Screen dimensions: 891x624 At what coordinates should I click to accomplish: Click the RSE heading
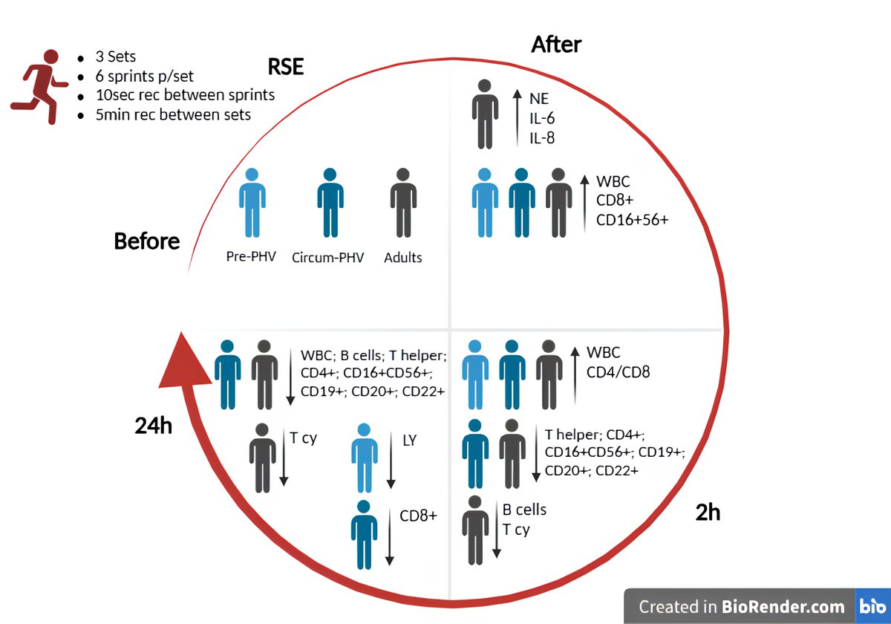287,68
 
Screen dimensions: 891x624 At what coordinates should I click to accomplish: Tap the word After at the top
556,45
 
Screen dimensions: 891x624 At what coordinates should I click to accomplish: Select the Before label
147,241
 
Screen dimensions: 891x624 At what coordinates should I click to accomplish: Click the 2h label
708,513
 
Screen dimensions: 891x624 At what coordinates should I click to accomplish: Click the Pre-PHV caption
250,257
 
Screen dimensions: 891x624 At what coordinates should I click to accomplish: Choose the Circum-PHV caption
327,258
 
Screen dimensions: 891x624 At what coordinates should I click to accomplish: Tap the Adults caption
403,258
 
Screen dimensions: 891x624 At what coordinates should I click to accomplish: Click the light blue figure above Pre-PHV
252,202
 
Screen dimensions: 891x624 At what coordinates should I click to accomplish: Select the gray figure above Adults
402,202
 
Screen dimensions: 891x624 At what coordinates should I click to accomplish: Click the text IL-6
542,117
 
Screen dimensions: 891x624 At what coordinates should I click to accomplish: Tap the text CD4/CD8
618,371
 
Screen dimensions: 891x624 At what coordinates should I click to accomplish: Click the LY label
408,441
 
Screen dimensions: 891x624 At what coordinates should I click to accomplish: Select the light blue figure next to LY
363,458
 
